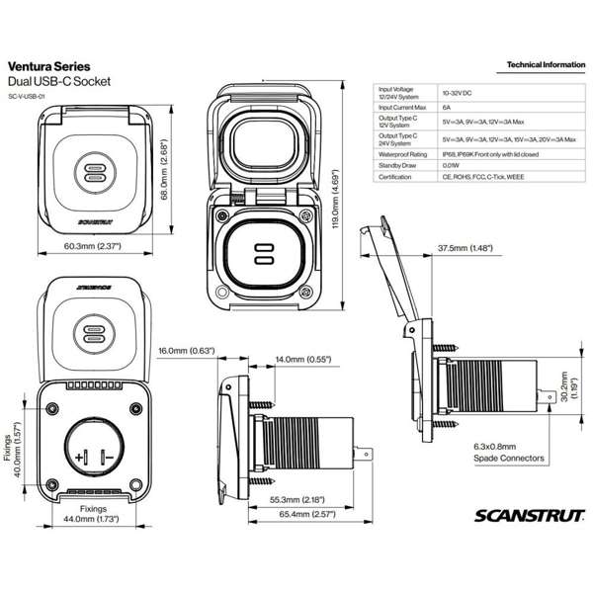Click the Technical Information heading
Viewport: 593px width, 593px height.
pos(544,65)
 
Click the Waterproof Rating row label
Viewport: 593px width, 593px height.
pos(403,153)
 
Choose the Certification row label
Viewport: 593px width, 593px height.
pos(396,179)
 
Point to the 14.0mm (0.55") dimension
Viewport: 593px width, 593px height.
pos(302,360)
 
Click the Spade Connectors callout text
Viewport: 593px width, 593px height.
pos(509,459)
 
